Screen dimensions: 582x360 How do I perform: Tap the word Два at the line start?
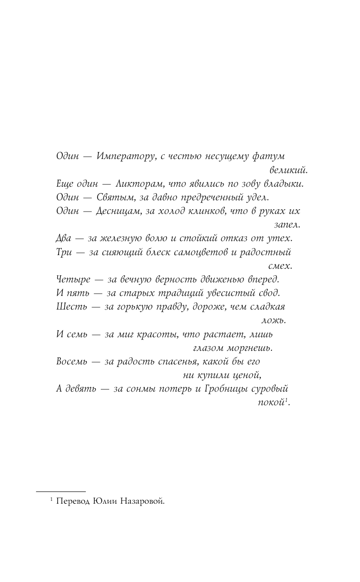click(64, 238)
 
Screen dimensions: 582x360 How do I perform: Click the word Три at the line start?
click(64, 252)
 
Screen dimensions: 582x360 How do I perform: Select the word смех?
click(280, 265)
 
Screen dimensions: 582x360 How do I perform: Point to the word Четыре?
click(72, 280)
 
